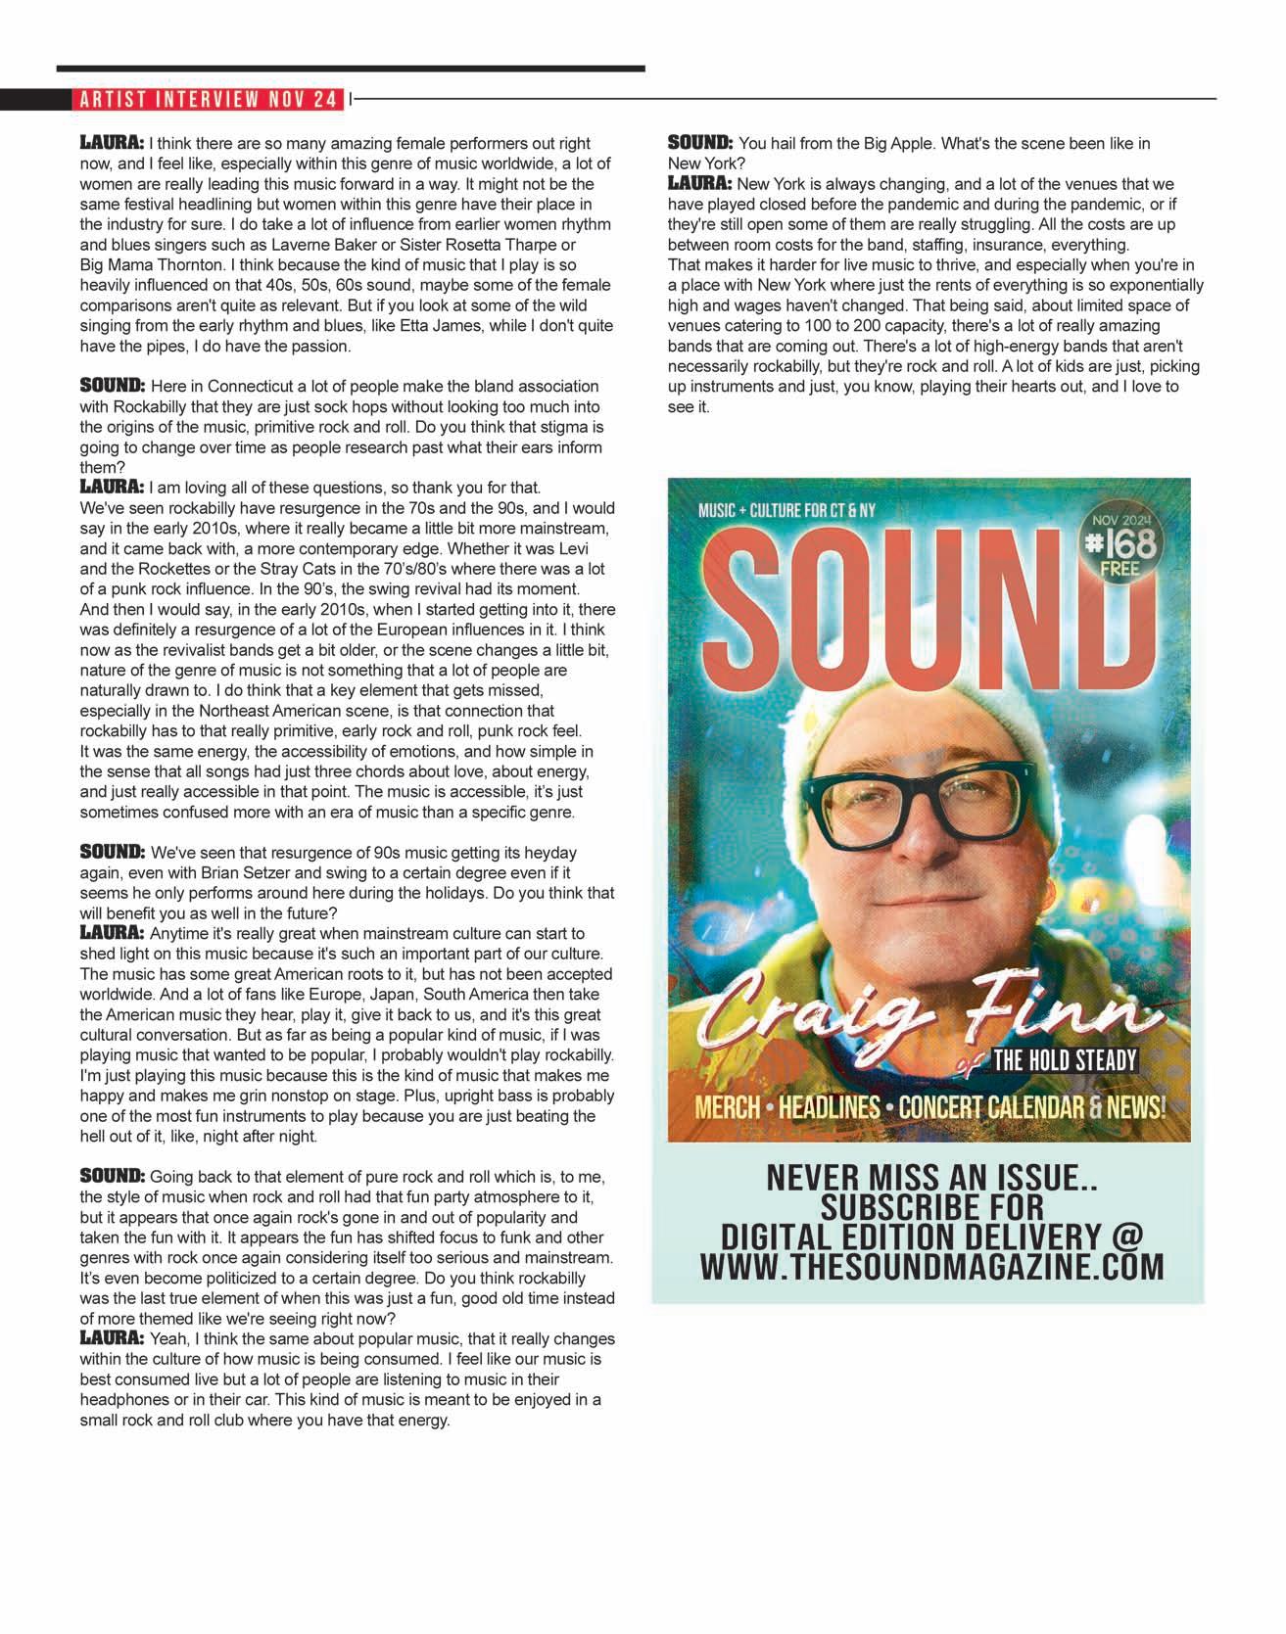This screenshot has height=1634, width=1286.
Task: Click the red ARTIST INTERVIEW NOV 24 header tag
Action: click(209, 99)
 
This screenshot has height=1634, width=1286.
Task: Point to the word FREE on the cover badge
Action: click(1120, 568)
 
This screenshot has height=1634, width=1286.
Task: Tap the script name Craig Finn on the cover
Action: click(921, 1013)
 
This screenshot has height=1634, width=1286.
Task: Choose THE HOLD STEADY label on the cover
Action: click(1065, 1060)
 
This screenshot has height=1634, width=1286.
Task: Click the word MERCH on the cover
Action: click(727, 1107)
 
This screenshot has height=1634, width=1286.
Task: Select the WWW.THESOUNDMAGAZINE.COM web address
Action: click(931, 1266)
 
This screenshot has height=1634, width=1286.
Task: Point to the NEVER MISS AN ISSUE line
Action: click(930, 1177)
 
